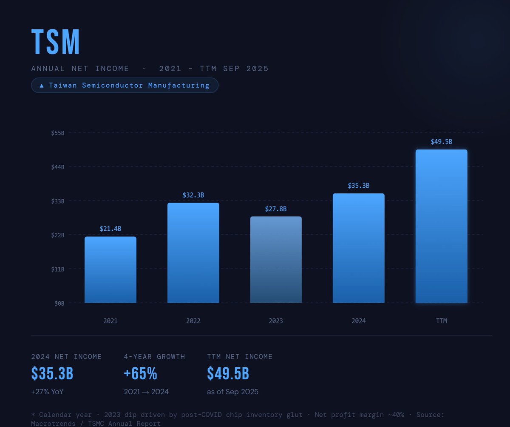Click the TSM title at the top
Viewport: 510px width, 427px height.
pyautogui.click(x=56, y=42)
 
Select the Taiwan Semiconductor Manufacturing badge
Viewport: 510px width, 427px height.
pyautogui.click(x=125, y=86)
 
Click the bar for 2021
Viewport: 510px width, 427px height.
pyautogui.click(x=110, y=270)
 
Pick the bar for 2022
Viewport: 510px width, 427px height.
pyautogui.click(x=193, y=253)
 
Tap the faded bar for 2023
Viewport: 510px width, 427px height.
pyautogui.click(x=276, y=260)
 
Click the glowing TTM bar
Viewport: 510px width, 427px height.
pyautogui.click(x=441, y=226)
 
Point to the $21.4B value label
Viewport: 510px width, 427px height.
pyautogui.click(x=110, y=229)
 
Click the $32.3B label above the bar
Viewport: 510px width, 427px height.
pyautogui.click(x=193, y=195)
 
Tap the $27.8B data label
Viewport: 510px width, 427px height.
pyautogui.click(x=276, y=209)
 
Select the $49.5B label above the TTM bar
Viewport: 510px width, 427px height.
pyautogui.click(x=441, y=141)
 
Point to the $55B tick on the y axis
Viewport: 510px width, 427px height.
pyautogui.click(x=58, y=133)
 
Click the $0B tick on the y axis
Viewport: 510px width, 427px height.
pyautogui.click(x=59, y=303)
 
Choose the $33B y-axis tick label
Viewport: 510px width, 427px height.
pyautogui.click(x=58, y=201)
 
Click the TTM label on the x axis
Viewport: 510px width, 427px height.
pyautogui.click(x=441, y=321)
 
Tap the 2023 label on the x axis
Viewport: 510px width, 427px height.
pyautogui.click(x=276, y=321)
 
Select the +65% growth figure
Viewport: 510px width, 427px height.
pyautogui.click(x=140, y=374)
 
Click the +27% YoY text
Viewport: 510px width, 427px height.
pyautogui.click(x=47, y=392)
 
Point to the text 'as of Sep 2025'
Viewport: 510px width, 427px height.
pyautogui.click(x=232, y=392)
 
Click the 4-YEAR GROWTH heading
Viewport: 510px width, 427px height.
pyautogui.click(x=154, y=357)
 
